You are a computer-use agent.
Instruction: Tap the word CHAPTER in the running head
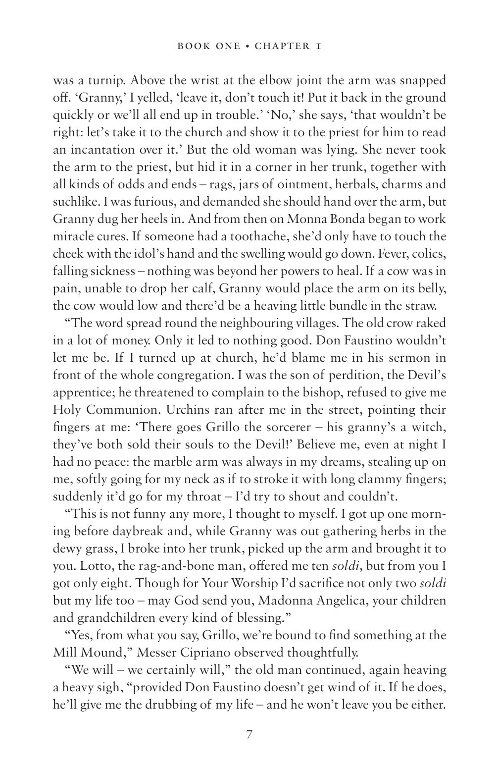281,47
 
